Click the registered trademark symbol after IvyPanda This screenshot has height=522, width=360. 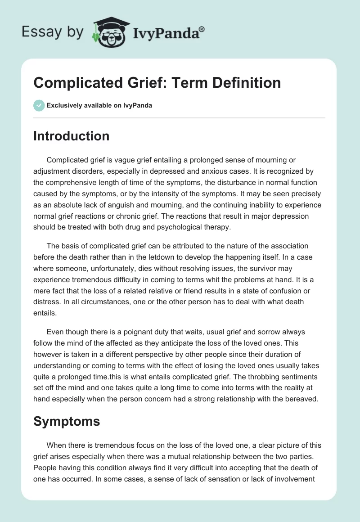tap(202, 29)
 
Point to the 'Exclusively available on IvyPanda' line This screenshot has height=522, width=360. tap(99, 105)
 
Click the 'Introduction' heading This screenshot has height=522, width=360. tap(71, 136)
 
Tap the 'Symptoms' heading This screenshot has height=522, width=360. tap(67, 422)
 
